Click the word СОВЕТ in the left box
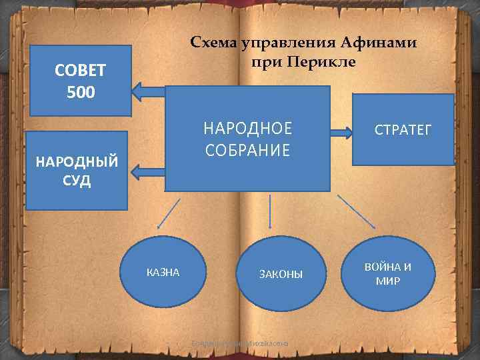[x=81, y=71]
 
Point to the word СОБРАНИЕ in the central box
[x=247, y=150]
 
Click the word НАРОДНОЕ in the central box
[x=247, y=128]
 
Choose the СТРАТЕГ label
[x=403, y=129]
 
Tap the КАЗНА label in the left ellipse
[x=163, y=272]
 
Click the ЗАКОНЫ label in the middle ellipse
[x=281, y=274]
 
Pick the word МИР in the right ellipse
[x=388, y=281]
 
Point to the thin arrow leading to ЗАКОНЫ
[x=270, y=213]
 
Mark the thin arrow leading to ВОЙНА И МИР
[x=356, y=212]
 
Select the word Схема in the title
[x=215, y=43]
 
